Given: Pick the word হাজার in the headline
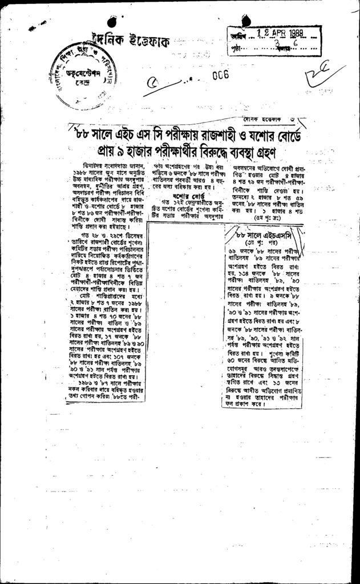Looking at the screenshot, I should point(123,153).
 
